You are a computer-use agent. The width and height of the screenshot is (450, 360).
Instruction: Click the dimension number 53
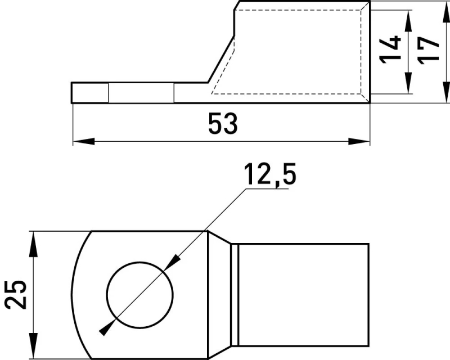pos(223,123)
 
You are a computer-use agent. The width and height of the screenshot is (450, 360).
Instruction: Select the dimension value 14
pos(390,49)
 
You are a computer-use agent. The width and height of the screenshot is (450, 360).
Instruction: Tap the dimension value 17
pos(428,51)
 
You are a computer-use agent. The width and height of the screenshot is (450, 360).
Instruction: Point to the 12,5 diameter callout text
pos(270,174)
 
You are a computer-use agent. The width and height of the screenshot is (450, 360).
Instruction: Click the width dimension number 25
pos(16,295)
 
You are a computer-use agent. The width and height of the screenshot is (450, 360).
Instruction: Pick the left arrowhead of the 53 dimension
pos(84,141)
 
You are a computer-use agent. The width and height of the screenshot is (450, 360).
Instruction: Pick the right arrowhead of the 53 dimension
pos(359,141)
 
